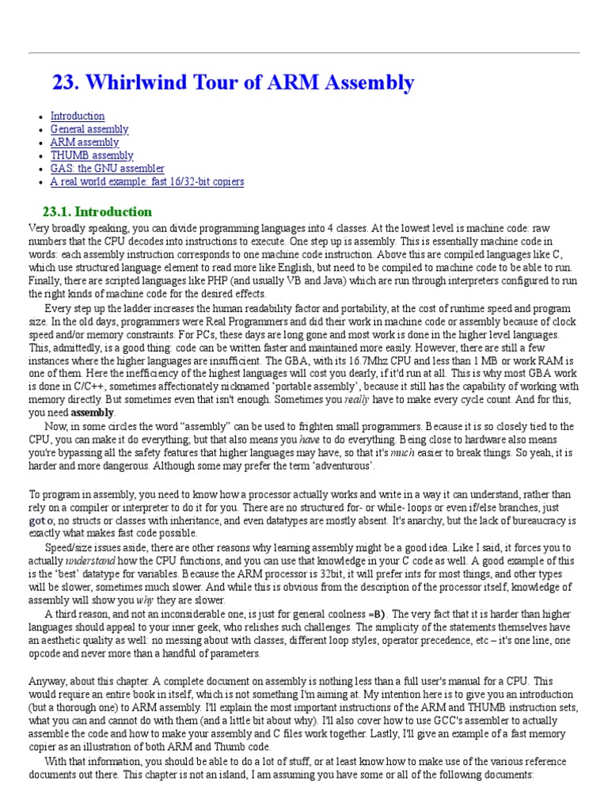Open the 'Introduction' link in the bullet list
(x=78, y=116)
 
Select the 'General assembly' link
(x=89, y=129)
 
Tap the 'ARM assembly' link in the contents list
(x=85, y=143)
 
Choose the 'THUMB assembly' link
(x=92, y=156)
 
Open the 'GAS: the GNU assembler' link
(x=108, y=169)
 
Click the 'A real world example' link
(x=147, y=182)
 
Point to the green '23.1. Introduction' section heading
(x=96, y=211)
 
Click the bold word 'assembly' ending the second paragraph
(x=93, y=413)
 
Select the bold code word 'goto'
(x=41, y=520)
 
